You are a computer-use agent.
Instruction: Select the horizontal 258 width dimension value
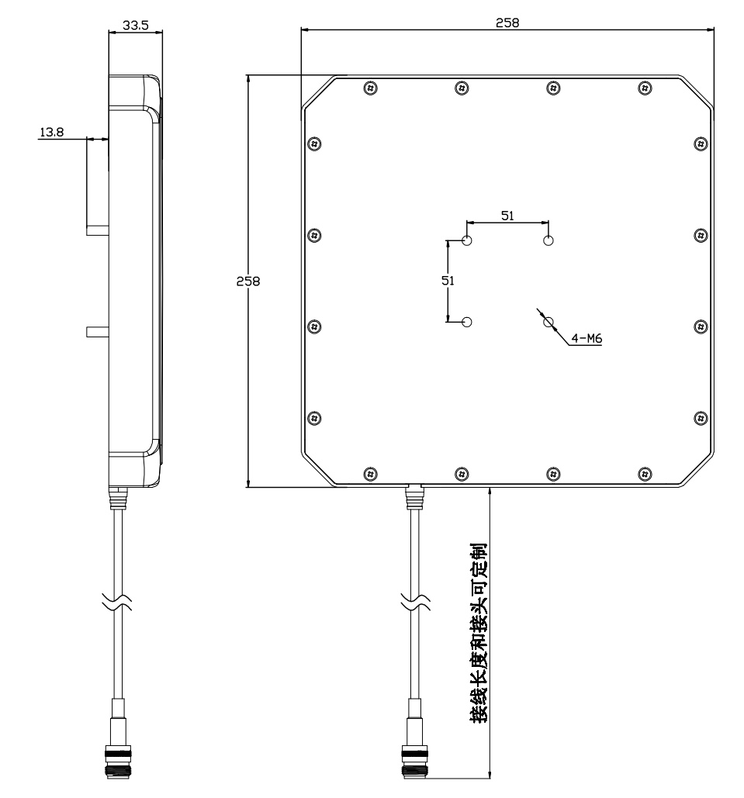tap(507, 22)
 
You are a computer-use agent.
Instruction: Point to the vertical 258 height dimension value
tap(248, 281)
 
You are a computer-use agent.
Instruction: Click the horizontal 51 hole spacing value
tap(507, 216)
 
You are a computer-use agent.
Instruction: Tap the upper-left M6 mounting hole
tap(467, 240)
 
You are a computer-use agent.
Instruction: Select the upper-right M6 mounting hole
tap(548, 240)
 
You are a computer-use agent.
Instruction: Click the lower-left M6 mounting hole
tap(467, 322)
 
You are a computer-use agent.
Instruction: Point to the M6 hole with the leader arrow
tap(548, 322)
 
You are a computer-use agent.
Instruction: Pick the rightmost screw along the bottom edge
tap(645, 472)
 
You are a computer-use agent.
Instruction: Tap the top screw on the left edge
tap(313, 143)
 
